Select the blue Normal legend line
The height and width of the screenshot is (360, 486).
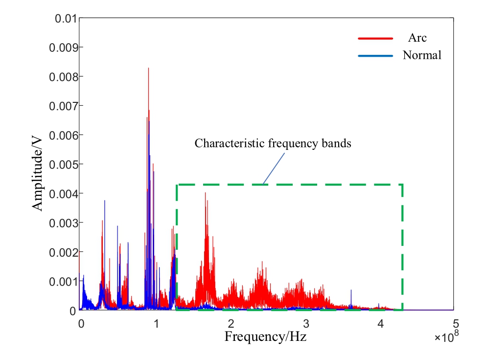(x=375, y=56)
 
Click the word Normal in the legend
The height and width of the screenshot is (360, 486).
(x=422, y=55)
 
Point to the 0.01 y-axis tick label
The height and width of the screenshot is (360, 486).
(x=65, y=19)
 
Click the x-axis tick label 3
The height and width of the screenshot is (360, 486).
(x=305, y=323)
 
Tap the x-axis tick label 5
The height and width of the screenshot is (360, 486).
(x=455, y=323)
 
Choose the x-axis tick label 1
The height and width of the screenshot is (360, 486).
(x=156, y=323)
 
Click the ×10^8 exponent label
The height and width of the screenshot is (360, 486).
(x=445, y=337)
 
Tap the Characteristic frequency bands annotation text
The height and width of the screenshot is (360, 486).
(x=273, y=144)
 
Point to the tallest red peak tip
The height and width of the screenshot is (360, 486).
(x=148, y=69)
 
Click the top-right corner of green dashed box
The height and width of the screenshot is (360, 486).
(x=402, y=185)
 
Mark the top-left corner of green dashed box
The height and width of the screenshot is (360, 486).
(x=177, y=185)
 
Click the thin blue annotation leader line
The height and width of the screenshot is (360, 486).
(x=273, y=168)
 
